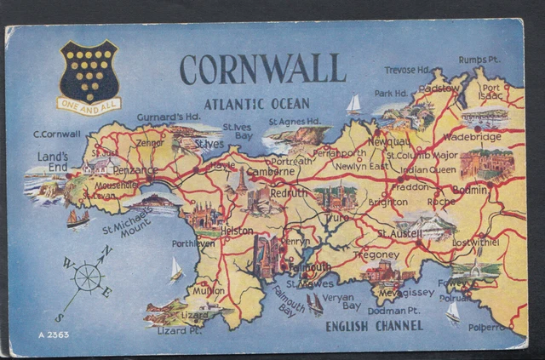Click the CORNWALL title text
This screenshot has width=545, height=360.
(x=262, y=69)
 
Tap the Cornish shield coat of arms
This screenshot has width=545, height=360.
(x=89, y=71)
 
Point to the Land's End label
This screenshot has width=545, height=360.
(x=53, y=162)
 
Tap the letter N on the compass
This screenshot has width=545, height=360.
(x=106, y=251)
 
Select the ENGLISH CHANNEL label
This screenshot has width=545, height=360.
(x=374, y=325)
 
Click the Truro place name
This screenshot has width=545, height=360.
(x=340, y=217)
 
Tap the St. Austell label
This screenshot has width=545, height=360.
(x=398, y=233)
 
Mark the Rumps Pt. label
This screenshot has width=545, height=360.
(x=479, y=60)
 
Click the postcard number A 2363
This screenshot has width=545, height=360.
(x=53, y=334)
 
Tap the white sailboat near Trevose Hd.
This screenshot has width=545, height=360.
(x=353, y=104)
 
